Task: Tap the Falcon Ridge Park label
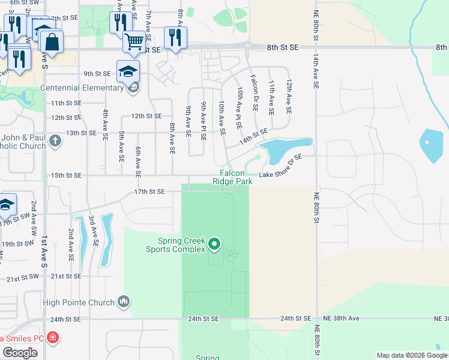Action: coord(231,177)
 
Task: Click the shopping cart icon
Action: coord(134,41)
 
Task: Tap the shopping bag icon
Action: coord(52,42)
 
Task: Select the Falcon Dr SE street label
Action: coord(254,93)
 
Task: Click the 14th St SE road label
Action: coord(253,140)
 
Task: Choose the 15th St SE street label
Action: coord(65,175)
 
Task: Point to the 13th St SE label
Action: coord(65,133)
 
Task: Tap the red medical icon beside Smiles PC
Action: coord(53,338)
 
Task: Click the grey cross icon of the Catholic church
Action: coord(55,142)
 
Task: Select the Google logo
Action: coord(20,352)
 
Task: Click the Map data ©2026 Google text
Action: coord(411,355)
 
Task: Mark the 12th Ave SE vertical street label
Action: coord(289,97)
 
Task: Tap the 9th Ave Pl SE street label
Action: coord(203,121)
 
